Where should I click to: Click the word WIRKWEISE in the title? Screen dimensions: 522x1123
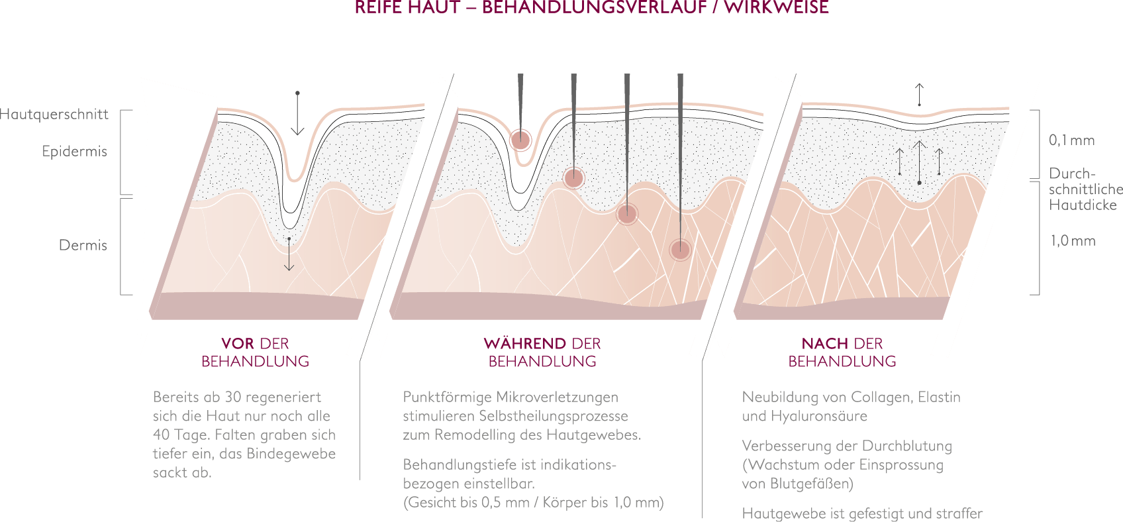776,7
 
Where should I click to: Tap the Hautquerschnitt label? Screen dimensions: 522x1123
54,115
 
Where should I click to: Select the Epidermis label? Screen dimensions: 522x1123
75,152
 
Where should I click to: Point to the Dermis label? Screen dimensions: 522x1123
83,245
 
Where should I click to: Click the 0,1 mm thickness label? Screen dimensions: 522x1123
1072,140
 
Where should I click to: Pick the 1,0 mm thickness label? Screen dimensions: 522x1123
1073,240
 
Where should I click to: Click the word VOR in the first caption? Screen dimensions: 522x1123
238,344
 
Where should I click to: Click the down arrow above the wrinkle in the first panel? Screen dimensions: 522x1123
297,113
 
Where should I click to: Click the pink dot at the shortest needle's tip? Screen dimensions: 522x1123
521,140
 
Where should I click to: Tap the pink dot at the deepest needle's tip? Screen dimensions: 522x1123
680,250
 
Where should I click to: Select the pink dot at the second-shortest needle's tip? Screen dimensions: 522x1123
573,178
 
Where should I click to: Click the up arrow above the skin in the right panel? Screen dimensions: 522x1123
919,95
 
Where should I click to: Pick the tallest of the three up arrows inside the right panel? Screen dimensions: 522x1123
919,162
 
